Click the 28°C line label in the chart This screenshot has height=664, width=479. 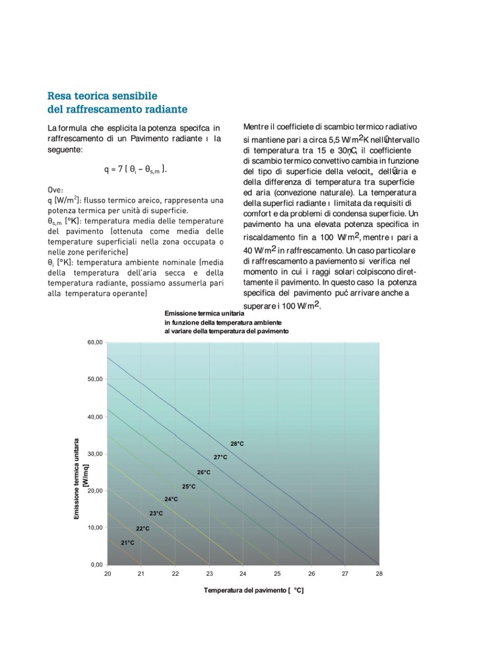tap(237, 444)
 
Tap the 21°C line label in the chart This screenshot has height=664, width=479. tap(127, 543)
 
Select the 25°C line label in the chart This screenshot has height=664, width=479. tap(189, 487)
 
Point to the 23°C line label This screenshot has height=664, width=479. tap(156, 514)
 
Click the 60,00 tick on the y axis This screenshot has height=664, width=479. tap(95, 343)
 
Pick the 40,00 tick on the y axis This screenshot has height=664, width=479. tap(95, 417)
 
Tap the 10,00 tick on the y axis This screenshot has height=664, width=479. tap(95, 528)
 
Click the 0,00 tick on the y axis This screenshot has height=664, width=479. tap(97, 565)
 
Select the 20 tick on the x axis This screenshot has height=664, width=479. tap(108, 574)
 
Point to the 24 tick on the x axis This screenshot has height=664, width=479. tap(243, 574)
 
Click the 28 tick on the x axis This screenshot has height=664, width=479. tap(379, 574)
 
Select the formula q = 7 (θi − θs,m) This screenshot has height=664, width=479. tap(135, 169)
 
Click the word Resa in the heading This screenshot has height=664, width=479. tap(59, 96)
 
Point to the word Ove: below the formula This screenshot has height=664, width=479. tap(55, 190)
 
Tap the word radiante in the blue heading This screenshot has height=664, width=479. tap(165, 109)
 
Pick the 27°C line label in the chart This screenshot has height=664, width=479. tap(220, 457)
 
